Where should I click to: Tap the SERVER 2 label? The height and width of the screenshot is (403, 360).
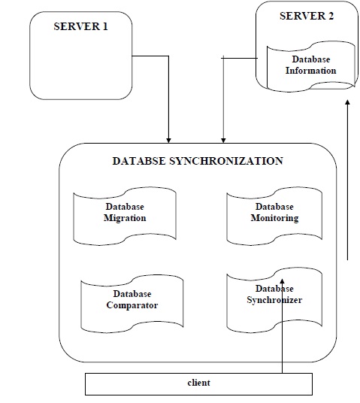tap(306, 17)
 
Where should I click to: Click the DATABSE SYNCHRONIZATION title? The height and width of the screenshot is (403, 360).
tap(197, 161)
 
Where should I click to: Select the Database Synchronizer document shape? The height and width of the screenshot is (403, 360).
tap(274, 299)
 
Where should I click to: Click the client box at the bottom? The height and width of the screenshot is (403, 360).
tap(198, 383)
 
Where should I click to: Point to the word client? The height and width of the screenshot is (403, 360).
tap(198, 383)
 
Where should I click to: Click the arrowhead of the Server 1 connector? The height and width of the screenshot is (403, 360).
tap(169, 139)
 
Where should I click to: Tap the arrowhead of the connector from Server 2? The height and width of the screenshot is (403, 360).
tap(222, 139)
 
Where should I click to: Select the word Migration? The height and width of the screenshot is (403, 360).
tap(125, 218)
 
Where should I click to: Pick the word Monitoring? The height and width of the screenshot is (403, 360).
tap(275, 218)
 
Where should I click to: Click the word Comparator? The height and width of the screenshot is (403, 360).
tap(132, 305)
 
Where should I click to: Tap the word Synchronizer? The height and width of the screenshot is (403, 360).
tap(274, 300)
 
